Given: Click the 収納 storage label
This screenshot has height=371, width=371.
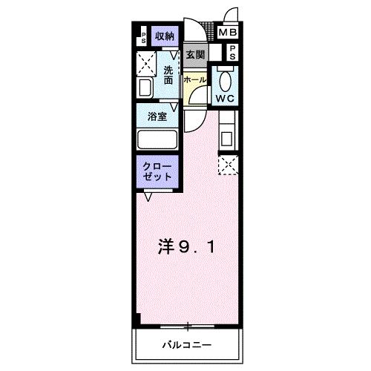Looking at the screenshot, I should tap(164, 36).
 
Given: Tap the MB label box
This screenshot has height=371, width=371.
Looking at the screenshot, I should tap(227, 33).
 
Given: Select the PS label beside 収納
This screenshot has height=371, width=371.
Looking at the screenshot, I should tap(144, 37).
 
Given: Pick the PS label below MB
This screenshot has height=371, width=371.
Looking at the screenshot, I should tap(232, 52).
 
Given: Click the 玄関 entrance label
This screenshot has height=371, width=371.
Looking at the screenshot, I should tap(195, 54).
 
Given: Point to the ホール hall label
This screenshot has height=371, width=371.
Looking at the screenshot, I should tap(195, 78).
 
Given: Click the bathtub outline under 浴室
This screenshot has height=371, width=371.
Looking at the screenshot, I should tap(157, 139).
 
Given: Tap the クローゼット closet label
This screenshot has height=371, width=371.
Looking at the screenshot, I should tap(158, 171).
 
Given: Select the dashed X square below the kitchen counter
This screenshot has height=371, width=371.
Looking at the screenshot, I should tap(227, 165).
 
